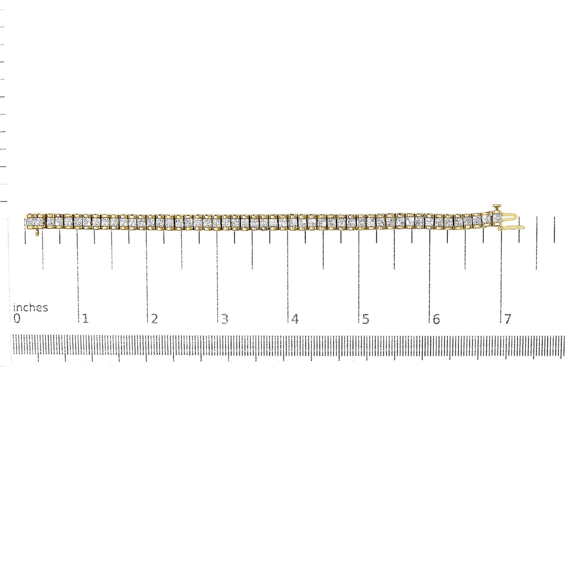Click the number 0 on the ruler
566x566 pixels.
tap(17, 318)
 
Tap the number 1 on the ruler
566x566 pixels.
tap(86, 319)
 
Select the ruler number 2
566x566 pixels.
tap(155, 319)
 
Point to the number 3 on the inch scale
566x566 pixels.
tap(224, 319)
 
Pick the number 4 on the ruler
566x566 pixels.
tap(295, 319)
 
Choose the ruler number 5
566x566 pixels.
tap(365, 319)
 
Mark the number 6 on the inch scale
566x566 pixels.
tap(436, 319)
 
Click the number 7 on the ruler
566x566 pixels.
tap(508, 319)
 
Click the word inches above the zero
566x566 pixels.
tap(31, 307)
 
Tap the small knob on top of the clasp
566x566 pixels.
tap(496, 206)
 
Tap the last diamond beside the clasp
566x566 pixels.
tap(496, 218)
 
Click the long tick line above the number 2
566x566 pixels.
tap(147, 274)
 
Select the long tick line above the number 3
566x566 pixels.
tap(217, 274)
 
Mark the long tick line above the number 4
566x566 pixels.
tap(288, 274)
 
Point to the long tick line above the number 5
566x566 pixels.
tap(359, 274)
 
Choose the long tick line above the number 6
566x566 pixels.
tap(430, 274)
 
